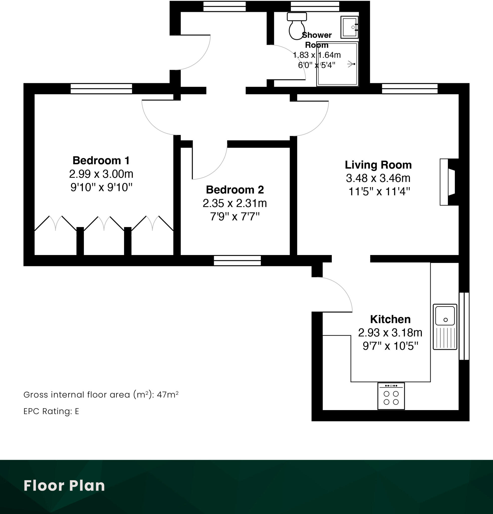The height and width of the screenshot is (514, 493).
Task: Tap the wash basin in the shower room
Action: pos(349,27)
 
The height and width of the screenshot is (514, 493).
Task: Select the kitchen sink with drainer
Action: pos(445,327)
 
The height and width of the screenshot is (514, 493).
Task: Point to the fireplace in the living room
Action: pos(449,182)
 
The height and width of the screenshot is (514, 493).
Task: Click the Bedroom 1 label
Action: pos(101,160)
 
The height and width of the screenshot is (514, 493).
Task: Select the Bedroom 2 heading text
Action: pos(235,189)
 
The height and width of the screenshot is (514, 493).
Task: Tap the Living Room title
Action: pos(378,165)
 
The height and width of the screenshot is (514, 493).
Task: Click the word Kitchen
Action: pos(390,319)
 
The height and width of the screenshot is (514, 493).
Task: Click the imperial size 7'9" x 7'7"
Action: pos(235,217)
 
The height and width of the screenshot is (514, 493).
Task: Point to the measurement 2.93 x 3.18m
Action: pos(390,333)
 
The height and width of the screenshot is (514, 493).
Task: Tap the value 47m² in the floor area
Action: pos(168,395)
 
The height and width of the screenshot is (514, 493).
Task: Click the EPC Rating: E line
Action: pos(51,411)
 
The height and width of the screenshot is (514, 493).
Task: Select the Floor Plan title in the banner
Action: pos(64,485)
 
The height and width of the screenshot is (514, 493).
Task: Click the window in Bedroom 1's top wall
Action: pos(101,89)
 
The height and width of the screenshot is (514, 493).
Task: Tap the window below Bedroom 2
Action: pos(237,261)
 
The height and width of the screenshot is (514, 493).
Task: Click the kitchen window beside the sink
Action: pos(464,326)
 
